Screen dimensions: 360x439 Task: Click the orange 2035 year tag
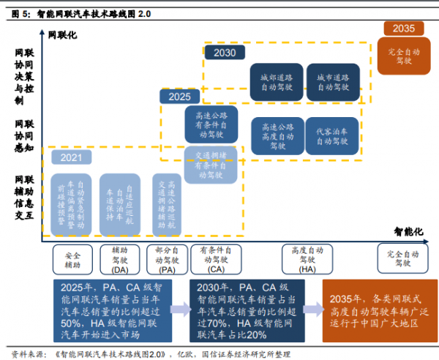(403, 29)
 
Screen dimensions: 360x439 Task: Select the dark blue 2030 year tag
(225, 53)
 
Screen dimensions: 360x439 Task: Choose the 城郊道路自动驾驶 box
(276, 81)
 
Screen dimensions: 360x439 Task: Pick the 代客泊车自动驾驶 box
(332, 136)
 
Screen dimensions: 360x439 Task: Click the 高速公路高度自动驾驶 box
(277, 136)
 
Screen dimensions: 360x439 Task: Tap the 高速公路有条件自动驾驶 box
(211, 126)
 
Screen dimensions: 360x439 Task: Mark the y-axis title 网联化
(61, 34)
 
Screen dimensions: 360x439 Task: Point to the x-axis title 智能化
(409, 231)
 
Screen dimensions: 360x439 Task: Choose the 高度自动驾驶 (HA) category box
(308, 260)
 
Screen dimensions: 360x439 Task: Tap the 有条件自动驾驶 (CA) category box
(211, 260)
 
